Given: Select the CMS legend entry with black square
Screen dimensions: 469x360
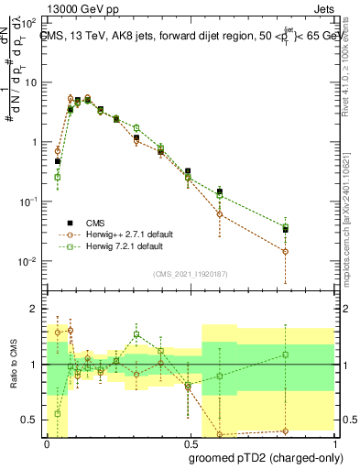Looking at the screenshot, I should [x=93, y=223].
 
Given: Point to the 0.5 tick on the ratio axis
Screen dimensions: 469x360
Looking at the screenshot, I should [x=30, y=420].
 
